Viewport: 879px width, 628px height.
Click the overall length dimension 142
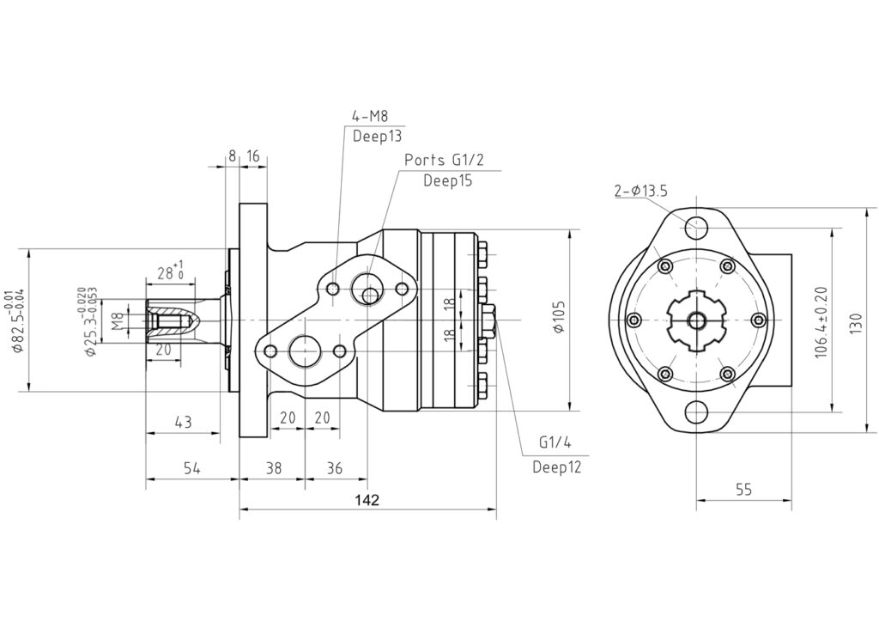(x=367, y=500)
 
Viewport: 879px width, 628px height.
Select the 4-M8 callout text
(x=370, y=117)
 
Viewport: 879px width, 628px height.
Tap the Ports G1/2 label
(x=444, y=160)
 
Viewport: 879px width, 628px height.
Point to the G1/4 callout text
(x=555, y=442)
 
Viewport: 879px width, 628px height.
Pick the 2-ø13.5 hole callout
(x=640, y=191)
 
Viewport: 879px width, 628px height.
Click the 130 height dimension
(x=856, y=323)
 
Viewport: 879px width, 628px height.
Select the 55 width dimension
(x=743, y=490)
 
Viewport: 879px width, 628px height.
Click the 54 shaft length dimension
(x=192, y=467)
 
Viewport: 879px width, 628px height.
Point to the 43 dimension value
(x=184, y=422)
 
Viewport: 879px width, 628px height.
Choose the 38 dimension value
(x=274, y=467)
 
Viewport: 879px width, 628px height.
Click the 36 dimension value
(x=334, y=467)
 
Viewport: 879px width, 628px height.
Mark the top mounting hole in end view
(x=695, y=228)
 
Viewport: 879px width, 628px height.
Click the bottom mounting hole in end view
(x=695, y=413)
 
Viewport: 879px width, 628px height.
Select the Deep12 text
(x=556, y=467)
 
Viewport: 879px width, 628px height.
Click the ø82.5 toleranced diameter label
(x=19, y=320)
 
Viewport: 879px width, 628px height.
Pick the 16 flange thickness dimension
(x=253, y=155)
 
